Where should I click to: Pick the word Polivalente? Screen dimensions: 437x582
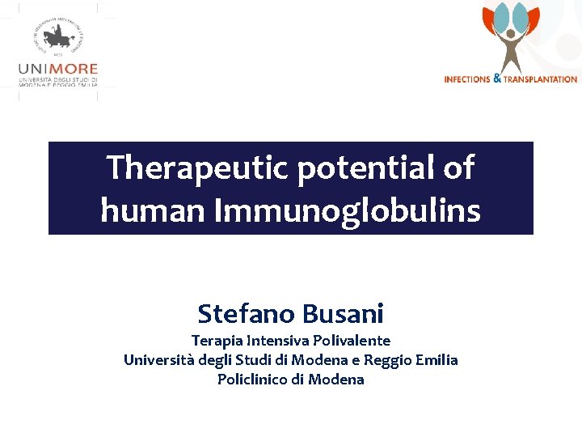(x=351, y=341)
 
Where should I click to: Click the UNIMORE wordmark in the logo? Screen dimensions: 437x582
(x=57, y=70)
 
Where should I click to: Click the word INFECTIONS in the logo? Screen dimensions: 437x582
(x=467, y=79)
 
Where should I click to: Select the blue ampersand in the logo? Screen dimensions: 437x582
(x=496, y=78)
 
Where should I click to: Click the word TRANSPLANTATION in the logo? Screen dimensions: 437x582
(x=540, y=79)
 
